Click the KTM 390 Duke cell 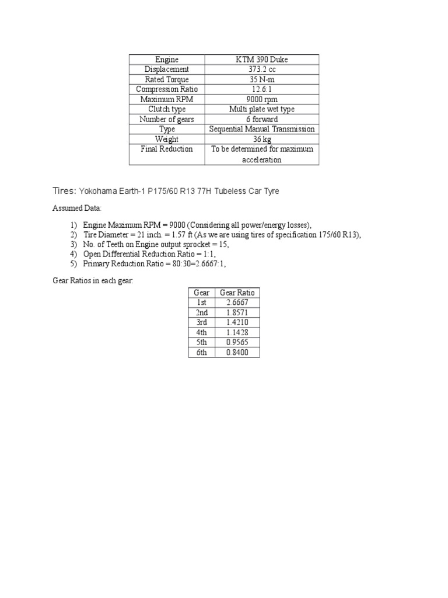[262, 60]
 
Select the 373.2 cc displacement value [262, 69]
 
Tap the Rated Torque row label [167, 79]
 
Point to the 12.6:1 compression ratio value [262, 89]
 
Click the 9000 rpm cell [262, 99]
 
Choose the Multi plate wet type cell [262, 109]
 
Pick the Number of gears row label [167, 119]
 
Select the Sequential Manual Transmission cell [262, 129]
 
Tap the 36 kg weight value [262, 139]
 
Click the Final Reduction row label [167, 149]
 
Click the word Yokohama [98, 191]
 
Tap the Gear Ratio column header [237, 293]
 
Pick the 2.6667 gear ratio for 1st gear [237, 303]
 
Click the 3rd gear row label [202, 322]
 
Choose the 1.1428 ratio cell [237, 332]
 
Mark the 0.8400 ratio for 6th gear [237, 353]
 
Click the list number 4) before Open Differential [73, 254]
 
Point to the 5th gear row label [202, 343]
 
